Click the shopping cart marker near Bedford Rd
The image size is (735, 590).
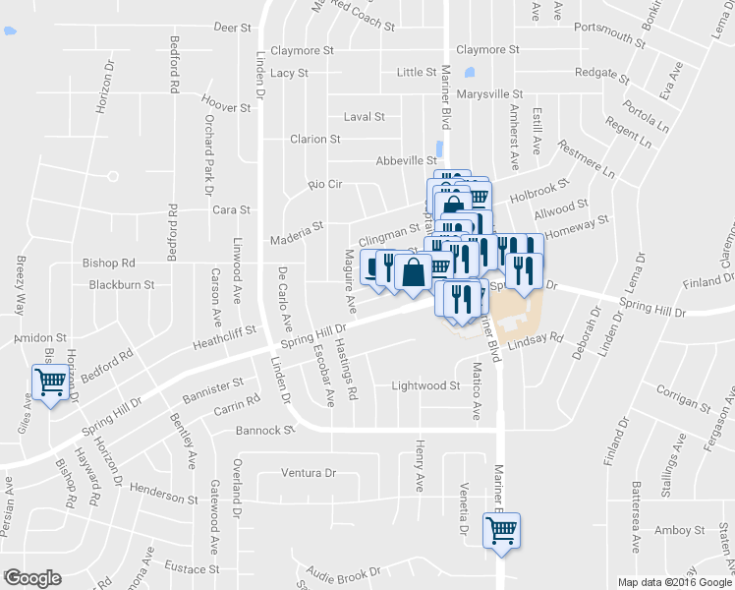[x=49, y=383]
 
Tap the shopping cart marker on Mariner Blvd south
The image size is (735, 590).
[x=501, y=530]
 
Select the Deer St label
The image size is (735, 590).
[x=233, y=29]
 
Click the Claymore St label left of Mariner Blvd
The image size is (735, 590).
[x=303, y=50]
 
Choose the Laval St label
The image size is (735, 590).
[x=364, y=117]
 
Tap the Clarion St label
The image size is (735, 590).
[x=314, y=140]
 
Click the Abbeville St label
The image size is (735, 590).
[x=406, y=160]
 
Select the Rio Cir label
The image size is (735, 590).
[x=324, y=184]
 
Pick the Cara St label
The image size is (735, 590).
[x=232, y=209]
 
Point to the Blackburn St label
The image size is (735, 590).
[x=122, y=285]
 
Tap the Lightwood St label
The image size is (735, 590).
[x=425, y=386]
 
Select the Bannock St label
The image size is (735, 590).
[x=265, y=431]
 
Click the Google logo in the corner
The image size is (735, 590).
[x=31, y=578]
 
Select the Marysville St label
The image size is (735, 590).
[x=490, y=94]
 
